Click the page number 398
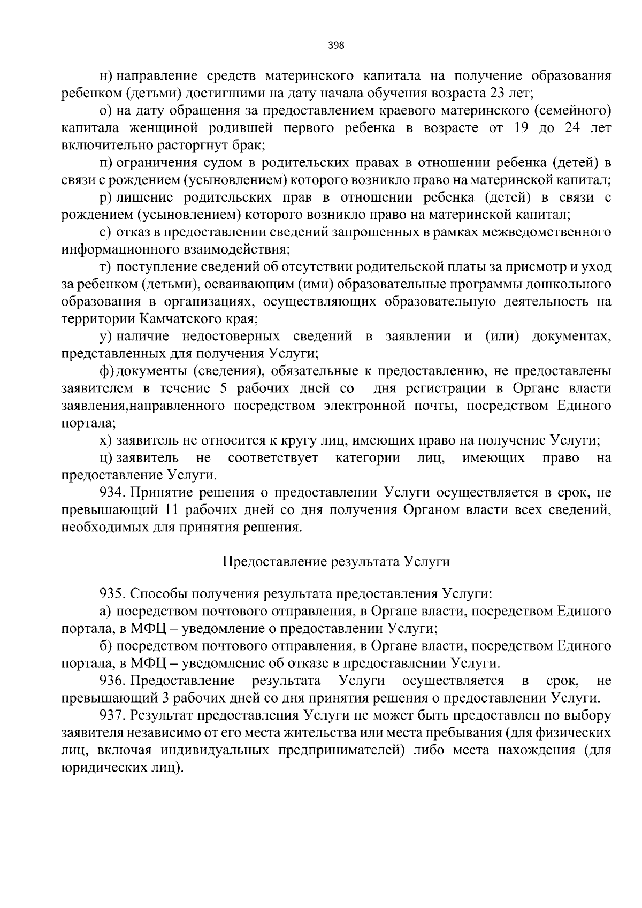point(336,45)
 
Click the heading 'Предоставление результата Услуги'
point(336,562)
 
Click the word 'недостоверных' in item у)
point(230,337)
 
